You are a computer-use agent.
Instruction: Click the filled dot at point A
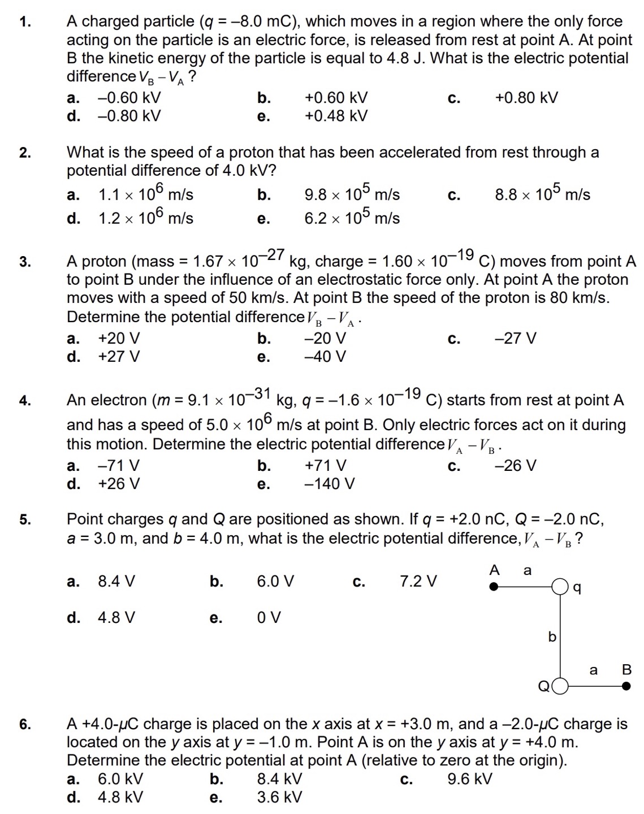click(494, 587)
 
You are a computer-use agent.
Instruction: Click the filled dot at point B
click(626, 686)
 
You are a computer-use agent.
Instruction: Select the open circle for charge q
click(560, 587)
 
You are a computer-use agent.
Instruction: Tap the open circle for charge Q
click(559, 686)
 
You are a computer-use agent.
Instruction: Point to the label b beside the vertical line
click(552, 637)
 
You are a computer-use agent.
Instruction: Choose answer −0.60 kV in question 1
click(129, 98)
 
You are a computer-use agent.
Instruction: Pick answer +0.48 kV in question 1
click(336, 116)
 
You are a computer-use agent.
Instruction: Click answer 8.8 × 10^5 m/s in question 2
click(542, 194)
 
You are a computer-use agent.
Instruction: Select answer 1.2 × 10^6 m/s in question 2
click(145, 218)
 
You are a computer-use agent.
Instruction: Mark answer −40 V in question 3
click(325, 357)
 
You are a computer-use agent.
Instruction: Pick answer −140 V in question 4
click(330, 484)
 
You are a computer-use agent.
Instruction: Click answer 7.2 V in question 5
click(418, 581)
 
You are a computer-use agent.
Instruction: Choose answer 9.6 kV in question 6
click(469, 779)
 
